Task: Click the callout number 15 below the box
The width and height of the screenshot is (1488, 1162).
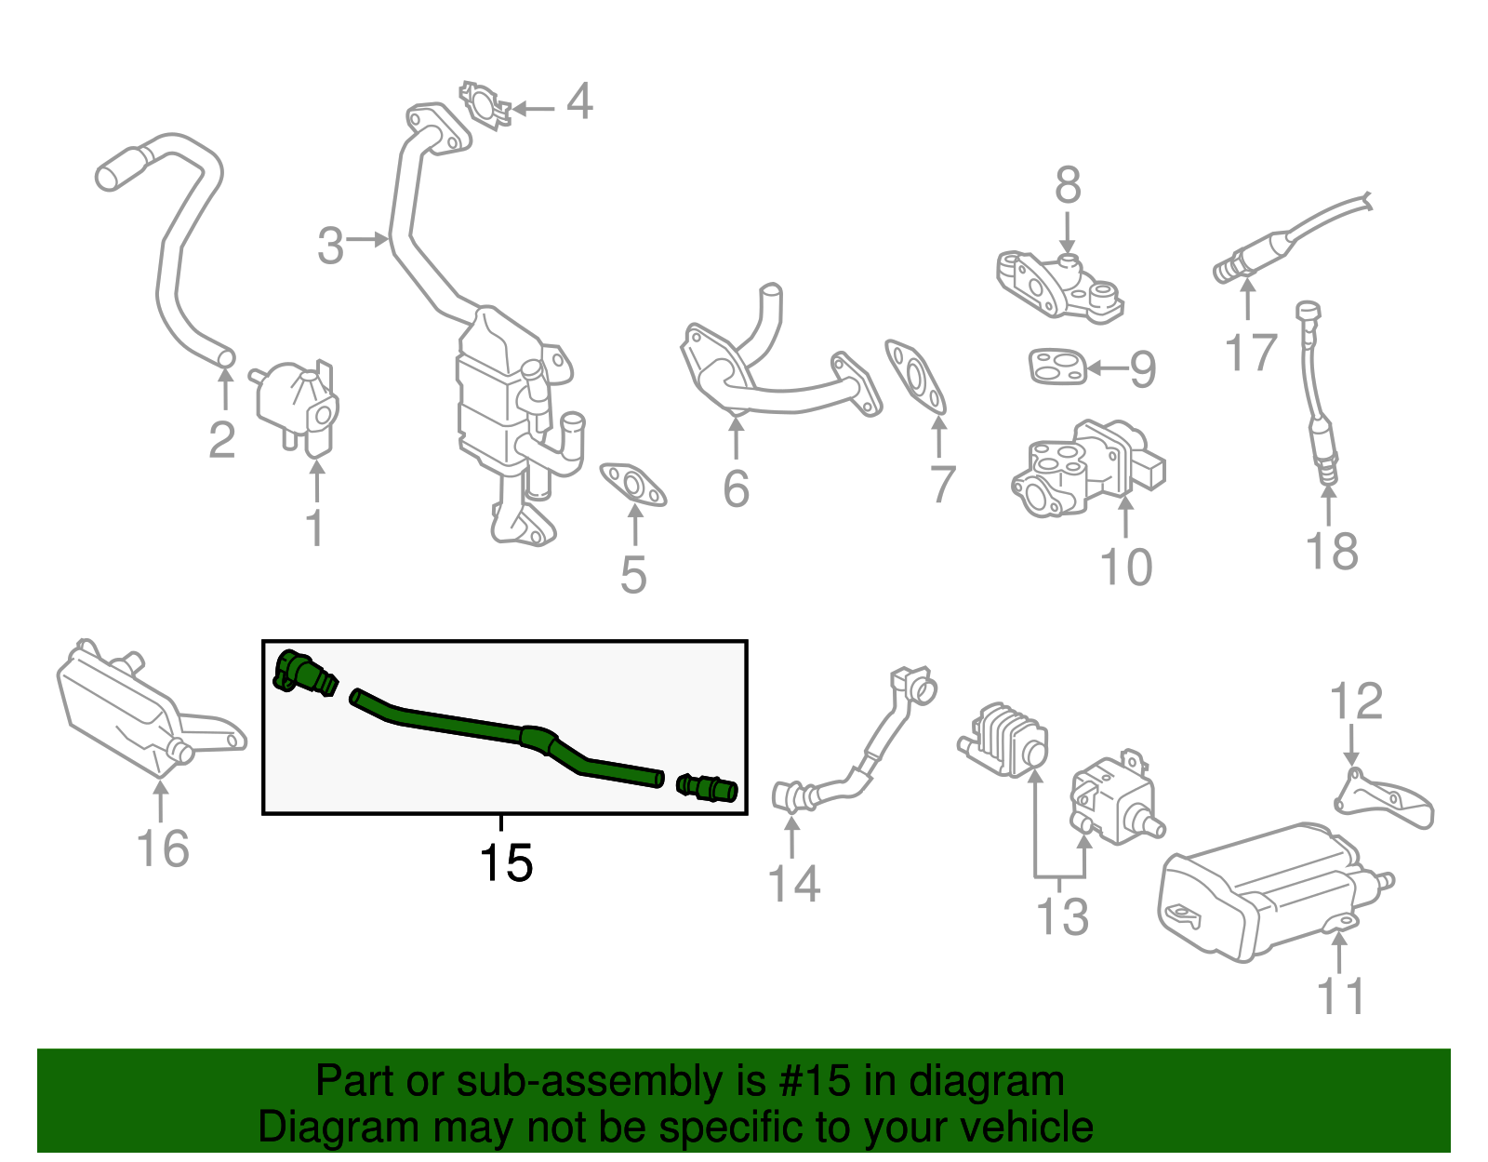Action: tap(506, 863)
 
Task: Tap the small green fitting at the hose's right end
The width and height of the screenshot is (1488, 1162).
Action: tap(709, 788)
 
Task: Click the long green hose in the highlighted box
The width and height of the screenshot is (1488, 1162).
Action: tap(502, 733)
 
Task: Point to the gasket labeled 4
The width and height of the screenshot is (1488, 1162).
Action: tap(485, 104)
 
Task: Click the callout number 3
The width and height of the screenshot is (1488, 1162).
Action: tap(330, 247)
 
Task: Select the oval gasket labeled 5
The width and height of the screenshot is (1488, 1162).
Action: tap(632, 485)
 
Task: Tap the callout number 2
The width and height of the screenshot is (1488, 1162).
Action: tap(221, 440)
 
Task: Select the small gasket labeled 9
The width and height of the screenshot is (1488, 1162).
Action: tap(1056, 366)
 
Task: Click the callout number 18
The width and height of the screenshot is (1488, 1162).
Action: tap(1332, 551)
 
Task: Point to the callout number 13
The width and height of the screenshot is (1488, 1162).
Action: tap(1061, 916)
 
